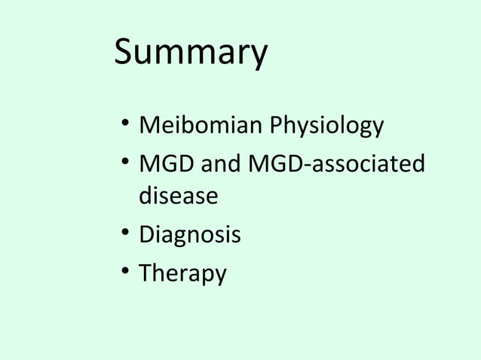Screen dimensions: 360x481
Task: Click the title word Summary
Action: (190, 53)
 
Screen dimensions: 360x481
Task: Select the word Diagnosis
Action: (189, 236)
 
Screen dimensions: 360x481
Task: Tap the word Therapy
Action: (182, 274)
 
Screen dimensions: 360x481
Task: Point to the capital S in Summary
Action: (125, 53)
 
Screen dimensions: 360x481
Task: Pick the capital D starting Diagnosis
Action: (146, 235)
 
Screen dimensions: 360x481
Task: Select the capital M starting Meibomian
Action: (149, 125)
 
